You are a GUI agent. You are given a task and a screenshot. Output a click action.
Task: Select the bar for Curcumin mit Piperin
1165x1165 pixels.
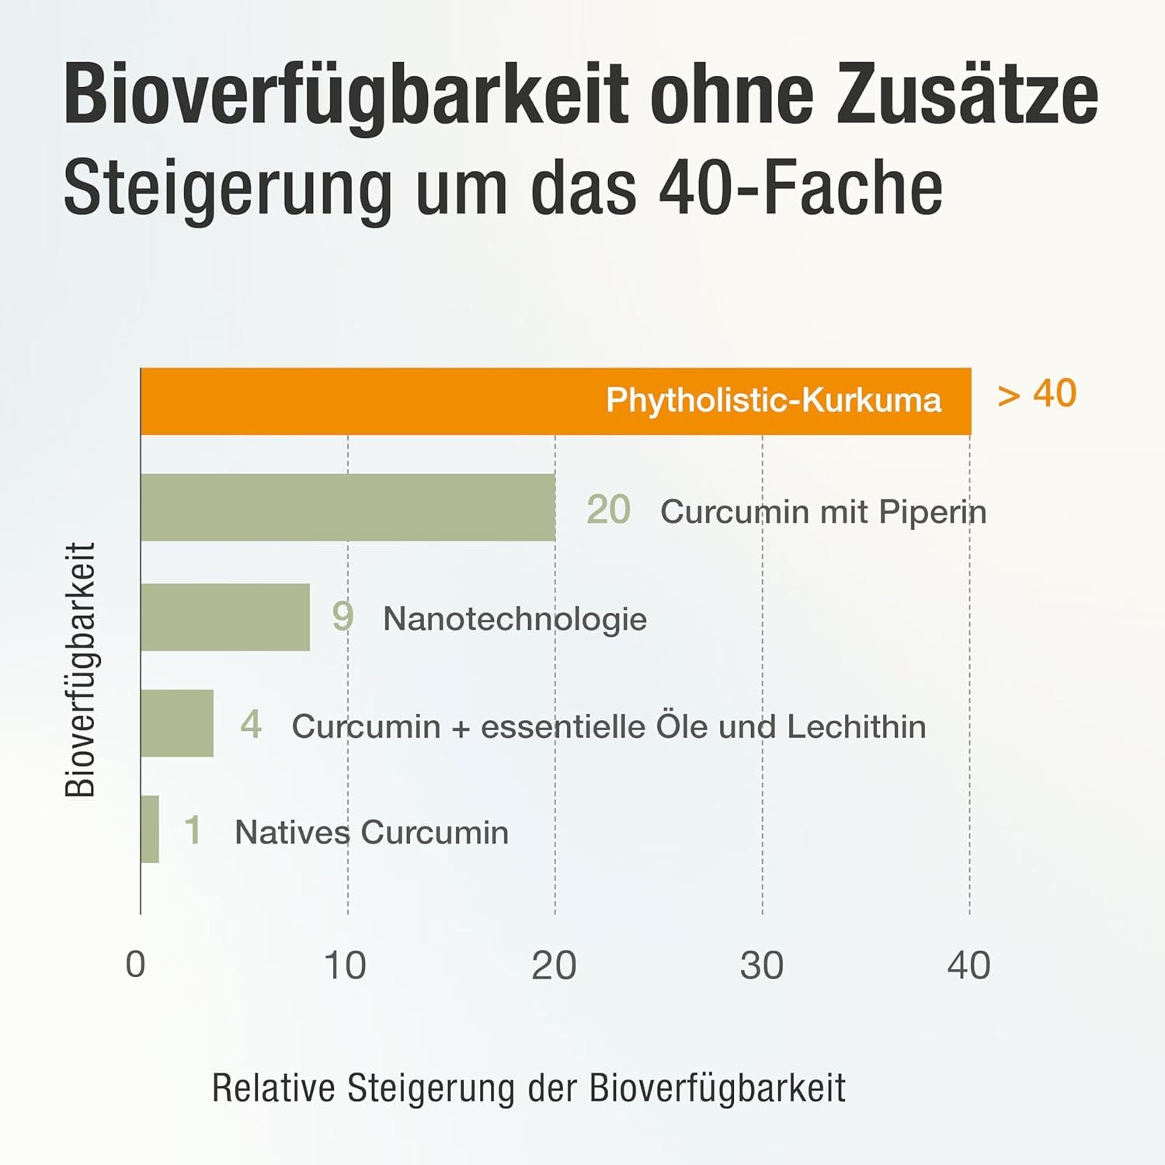tap(348, 507)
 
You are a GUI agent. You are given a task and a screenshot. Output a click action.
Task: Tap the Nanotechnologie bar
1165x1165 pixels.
tap(225, 617)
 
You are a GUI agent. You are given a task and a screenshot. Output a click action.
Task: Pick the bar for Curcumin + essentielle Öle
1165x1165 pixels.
tap(177, 723)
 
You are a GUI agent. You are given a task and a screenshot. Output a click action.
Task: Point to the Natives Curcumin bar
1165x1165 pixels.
tap(150, 829)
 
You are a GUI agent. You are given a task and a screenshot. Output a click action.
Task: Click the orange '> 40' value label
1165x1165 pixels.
tap(1037, 394)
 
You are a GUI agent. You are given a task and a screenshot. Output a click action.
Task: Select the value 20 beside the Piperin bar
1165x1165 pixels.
tap(608, 510)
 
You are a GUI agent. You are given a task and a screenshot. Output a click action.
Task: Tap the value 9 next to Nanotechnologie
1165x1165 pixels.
tap(343, 616)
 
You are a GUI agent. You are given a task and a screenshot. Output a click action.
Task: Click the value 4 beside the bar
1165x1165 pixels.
tap(251, 725)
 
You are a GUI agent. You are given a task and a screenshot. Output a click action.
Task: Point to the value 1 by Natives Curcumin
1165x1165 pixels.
tap(193, 830)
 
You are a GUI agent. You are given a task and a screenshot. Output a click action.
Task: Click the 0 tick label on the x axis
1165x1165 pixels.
tap(136, 965)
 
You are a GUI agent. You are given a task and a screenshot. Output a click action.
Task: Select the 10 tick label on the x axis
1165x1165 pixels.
tap(345, 965)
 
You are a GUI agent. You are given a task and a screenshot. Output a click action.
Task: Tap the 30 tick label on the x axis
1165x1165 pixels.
tap(761, 965)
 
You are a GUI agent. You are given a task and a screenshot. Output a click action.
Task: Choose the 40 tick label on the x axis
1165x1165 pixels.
tap(969, 965)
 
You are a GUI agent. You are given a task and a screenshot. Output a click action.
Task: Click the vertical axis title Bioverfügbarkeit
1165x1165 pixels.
tap(80, 669)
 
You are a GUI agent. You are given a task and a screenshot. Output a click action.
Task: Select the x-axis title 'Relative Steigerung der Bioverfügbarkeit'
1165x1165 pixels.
tap(528, 1088)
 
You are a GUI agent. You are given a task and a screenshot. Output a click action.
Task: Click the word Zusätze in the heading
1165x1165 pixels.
tap(967, 96)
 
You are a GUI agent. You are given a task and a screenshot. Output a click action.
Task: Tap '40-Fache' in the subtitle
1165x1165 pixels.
tap(800, 188)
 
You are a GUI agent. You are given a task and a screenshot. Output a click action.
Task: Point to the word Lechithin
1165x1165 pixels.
tap(856, 727)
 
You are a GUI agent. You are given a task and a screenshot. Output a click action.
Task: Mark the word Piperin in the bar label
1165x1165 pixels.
tap(933, 512)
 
